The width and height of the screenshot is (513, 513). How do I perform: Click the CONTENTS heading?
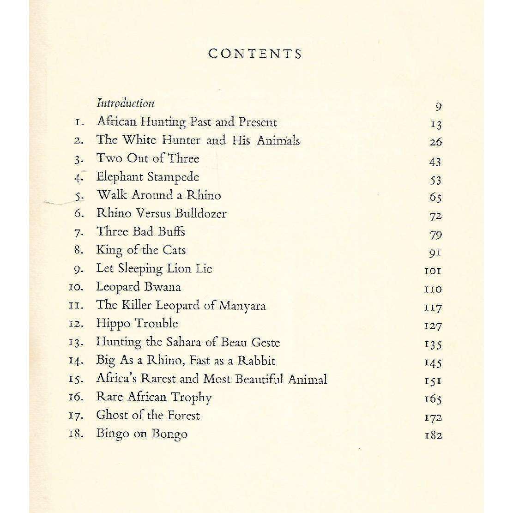click(x=255, y=54)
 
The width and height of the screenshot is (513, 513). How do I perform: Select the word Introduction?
click(x=125, y=103)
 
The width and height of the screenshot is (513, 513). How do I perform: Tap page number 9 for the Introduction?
click(x=438, y=107)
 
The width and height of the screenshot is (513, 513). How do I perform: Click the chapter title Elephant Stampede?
click(x=148, y=177)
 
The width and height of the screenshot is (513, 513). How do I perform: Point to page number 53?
click(x=435, y=180)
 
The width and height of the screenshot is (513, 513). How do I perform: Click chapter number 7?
click(x=78, y=232)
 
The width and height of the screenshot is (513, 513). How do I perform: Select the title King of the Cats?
click(x=141, y=250)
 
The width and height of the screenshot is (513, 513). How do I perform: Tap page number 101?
click(x=432, y=271)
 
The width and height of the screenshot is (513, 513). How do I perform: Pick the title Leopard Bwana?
click(x=138, y=287)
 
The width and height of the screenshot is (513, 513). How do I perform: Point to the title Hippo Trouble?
click(x=137, y=324)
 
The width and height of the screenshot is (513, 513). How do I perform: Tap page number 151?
click(x=432, y=381)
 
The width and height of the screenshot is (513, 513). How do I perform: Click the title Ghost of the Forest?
click(x=148, y=415)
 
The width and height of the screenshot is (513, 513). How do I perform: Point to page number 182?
click(x=433, y=435)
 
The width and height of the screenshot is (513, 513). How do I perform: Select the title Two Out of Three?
click(x=148, y=158)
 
